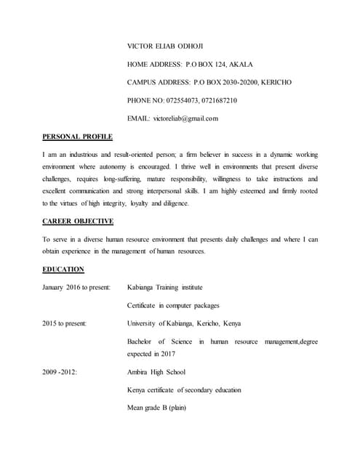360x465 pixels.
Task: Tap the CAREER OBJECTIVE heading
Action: (78, 221)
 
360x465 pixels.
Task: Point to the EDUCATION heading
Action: (63, 270)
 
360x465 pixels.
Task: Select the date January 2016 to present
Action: (76, 287)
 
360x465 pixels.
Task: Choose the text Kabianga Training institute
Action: (164, 287)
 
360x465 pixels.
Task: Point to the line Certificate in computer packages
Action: (173, 305)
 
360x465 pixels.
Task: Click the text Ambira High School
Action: (156, 372)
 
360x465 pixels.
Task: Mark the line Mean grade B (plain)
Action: (156, 407)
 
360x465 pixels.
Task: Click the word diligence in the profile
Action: (173, 203)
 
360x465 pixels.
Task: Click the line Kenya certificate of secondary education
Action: (184, 389)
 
